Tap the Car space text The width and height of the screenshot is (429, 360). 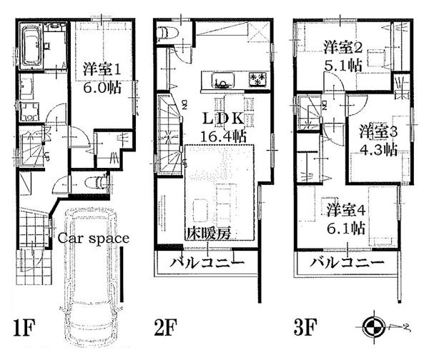point(92,239)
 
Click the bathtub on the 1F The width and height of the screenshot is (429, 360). point(31,44)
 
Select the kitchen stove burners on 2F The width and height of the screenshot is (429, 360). point(257,78)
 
